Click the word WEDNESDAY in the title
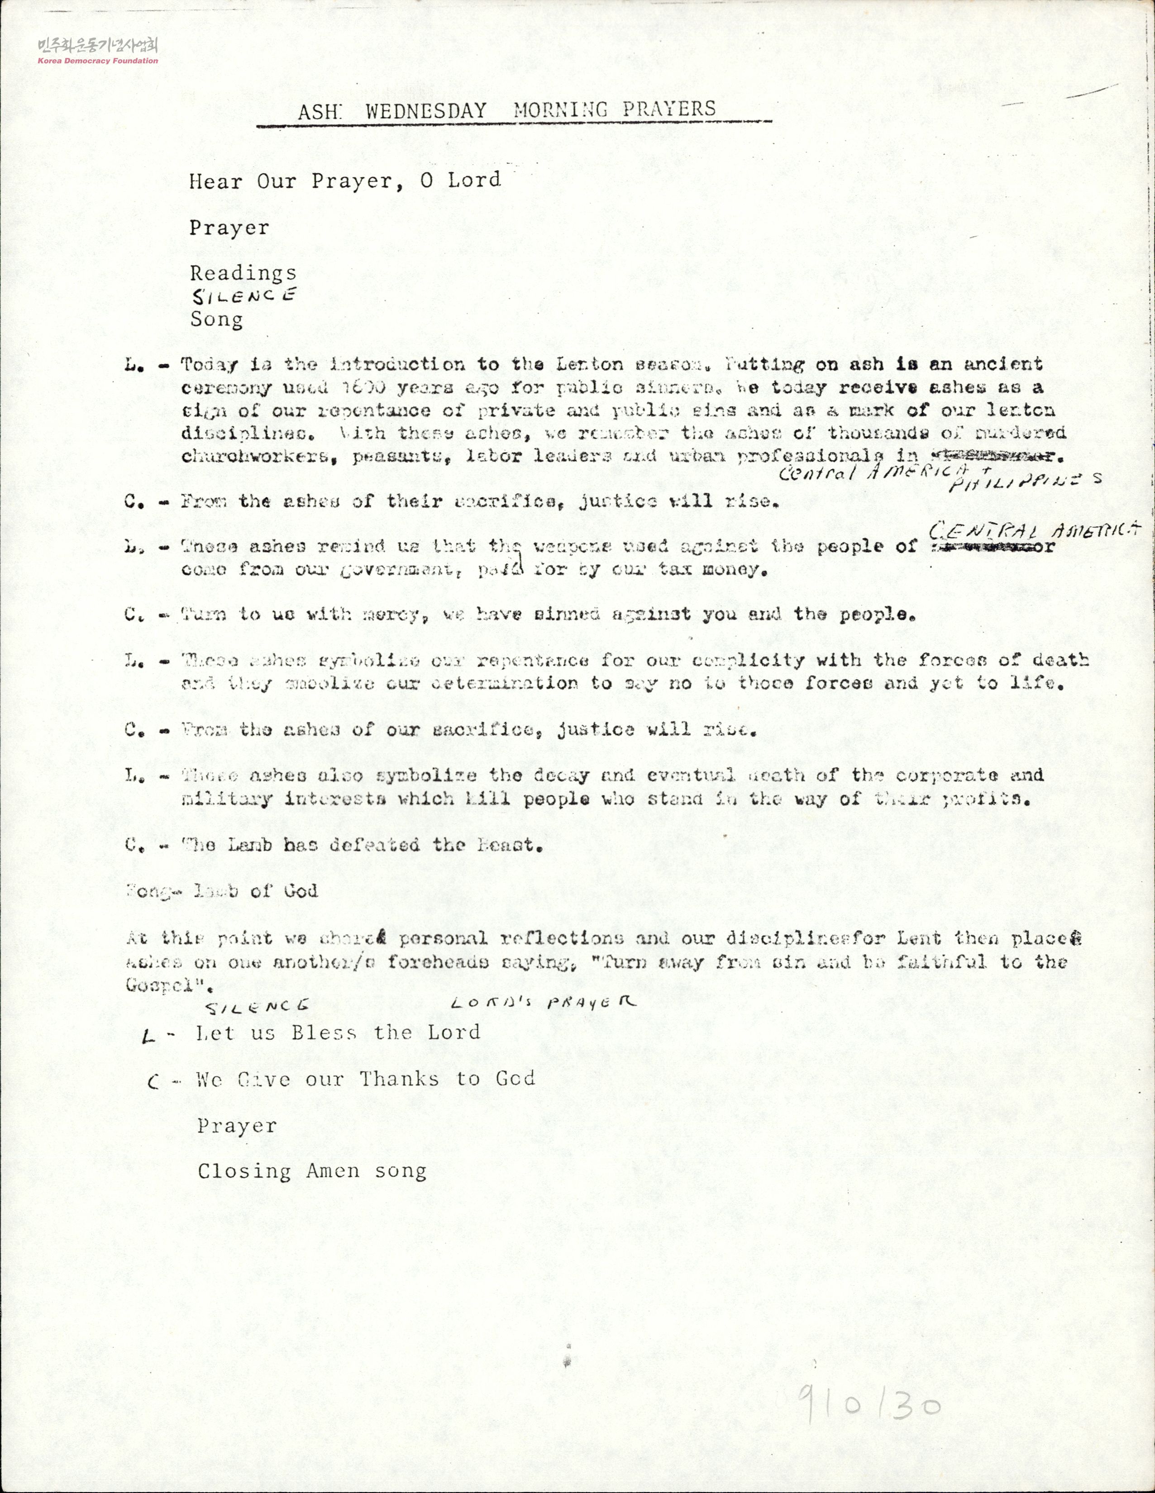coord(425,111)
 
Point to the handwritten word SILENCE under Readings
coord(243,296)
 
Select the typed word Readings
coord(243,273)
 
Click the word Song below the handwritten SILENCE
coord(216,319)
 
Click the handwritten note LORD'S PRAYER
coord(543,1002)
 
